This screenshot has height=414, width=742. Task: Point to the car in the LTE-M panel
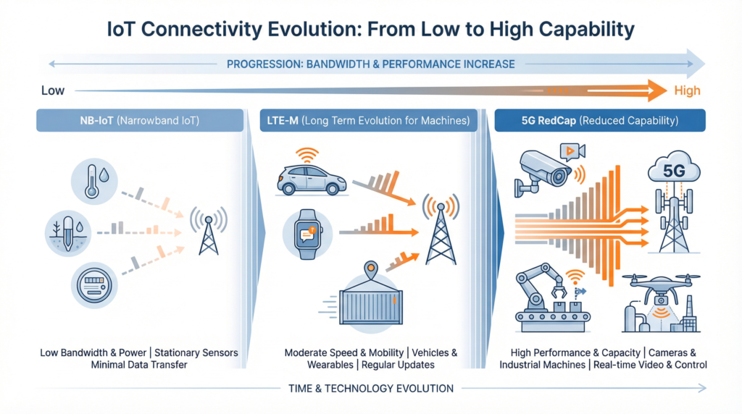(x=311, y=179)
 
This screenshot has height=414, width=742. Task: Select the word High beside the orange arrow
(x=687, y=90)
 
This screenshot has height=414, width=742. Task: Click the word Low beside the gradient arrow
(x=52, y=90)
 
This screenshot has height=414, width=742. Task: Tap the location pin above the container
(x=372, y=269)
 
